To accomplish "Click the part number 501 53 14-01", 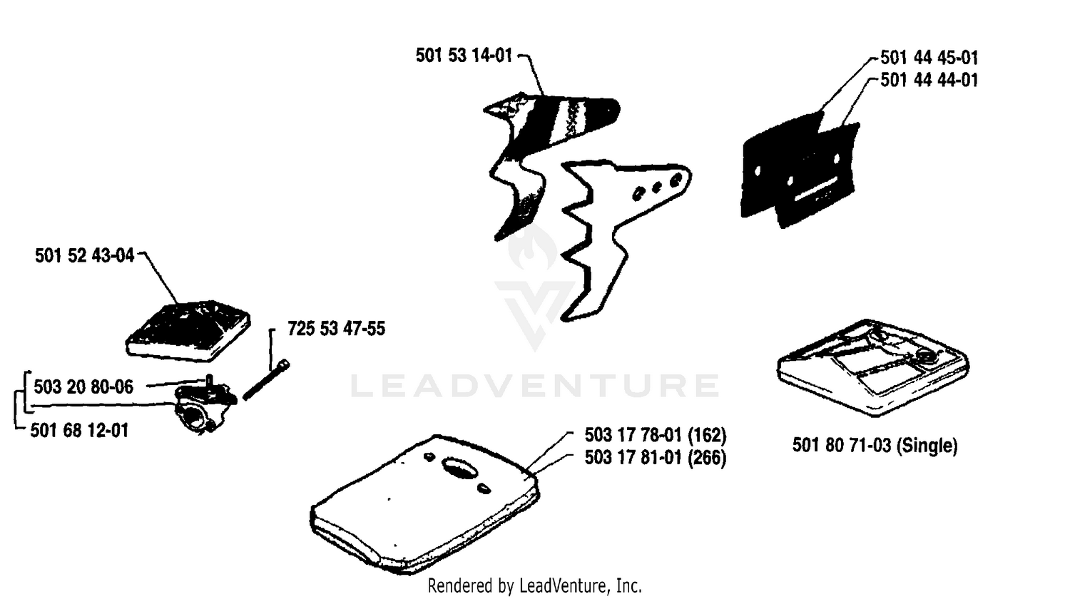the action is [x=464, y=56].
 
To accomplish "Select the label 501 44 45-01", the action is [x=929, y=58].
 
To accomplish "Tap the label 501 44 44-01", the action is [x=929, y=80].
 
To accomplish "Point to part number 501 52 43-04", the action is [x=85, y=255].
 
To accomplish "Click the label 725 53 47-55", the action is [x=336, y=329].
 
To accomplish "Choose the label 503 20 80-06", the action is [x=83, y=387].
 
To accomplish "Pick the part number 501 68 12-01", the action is [x=79, y=431].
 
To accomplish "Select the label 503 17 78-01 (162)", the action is [x=656, y=435].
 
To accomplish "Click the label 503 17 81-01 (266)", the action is [x=656, y=458].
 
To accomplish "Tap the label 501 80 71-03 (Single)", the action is [x=875, y=445].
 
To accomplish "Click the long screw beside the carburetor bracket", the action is [x=267, y=380].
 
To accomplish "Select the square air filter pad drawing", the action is [x=188, y=331].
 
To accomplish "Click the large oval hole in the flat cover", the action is [x=459, y=468].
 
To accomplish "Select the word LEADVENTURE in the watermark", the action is [x=535, y=386].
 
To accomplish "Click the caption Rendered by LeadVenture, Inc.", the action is [x=534, y=585].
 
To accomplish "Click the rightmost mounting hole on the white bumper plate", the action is [x=676, y=180].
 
